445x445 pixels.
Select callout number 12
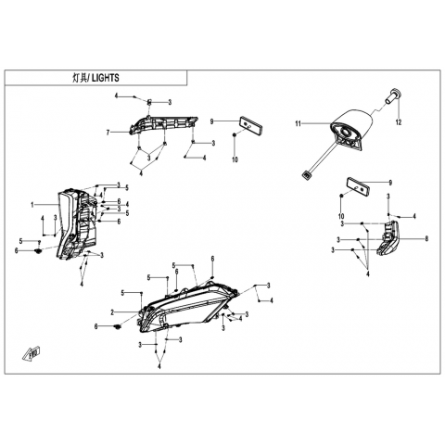(x=399, y=122)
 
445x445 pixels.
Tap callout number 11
(x=298, y=124)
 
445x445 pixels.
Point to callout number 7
(x=108, y=133)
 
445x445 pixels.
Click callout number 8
(x=426, y=238)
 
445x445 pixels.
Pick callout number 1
(x=32, y=205)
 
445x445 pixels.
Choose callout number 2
(x=112, y=312)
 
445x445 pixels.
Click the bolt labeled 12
(x=393, y=95)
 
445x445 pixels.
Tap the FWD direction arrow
(x=32, y=354)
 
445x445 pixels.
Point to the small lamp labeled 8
(x=388, y=238)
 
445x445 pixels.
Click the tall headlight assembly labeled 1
(x=77, y=224)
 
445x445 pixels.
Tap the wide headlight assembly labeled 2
(x=188, y=307)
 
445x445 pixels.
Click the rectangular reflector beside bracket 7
(x=252, y=124)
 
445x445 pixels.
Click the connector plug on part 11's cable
(x=307, y=175)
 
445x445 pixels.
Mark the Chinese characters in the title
(x=79, y=78)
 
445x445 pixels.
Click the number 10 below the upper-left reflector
(x=235, y=159)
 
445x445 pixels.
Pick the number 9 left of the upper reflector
(x=211, y=121)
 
